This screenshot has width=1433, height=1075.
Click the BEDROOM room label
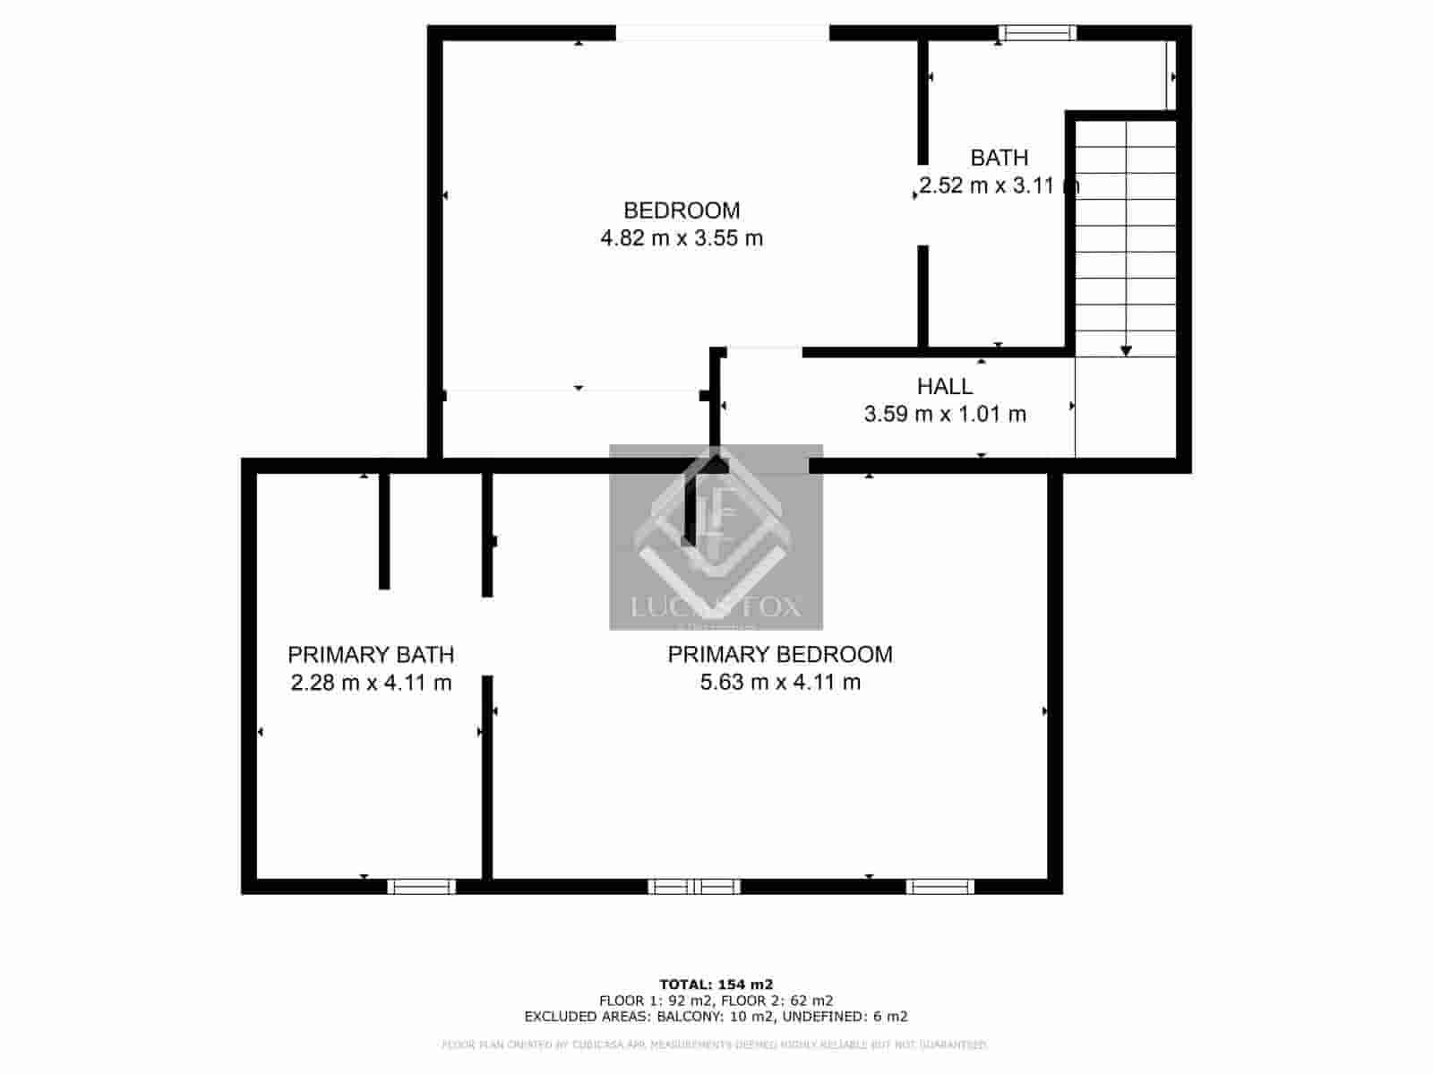682,211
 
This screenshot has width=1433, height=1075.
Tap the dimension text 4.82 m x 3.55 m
682,238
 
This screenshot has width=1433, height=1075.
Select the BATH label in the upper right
999,158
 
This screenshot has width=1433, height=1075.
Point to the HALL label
945,386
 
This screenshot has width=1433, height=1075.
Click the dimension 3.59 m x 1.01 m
945,414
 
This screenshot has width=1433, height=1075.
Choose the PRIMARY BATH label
371,655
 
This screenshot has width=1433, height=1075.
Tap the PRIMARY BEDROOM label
780,655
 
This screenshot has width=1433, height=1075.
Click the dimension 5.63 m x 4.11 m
780,683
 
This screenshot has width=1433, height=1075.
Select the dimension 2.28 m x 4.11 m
371,683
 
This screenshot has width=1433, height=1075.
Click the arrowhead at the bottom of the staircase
1126,350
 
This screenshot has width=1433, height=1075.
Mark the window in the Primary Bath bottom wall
421,887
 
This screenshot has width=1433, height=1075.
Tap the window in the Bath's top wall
1037,34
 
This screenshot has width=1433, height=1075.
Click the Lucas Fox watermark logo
716,537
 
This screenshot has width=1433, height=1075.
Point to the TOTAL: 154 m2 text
716,984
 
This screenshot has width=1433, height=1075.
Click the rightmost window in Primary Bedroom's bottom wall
939,887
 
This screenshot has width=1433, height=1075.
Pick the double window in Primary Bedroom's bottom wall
694,887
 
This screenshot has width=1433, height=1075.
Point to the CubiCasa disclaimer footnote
716,1045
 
